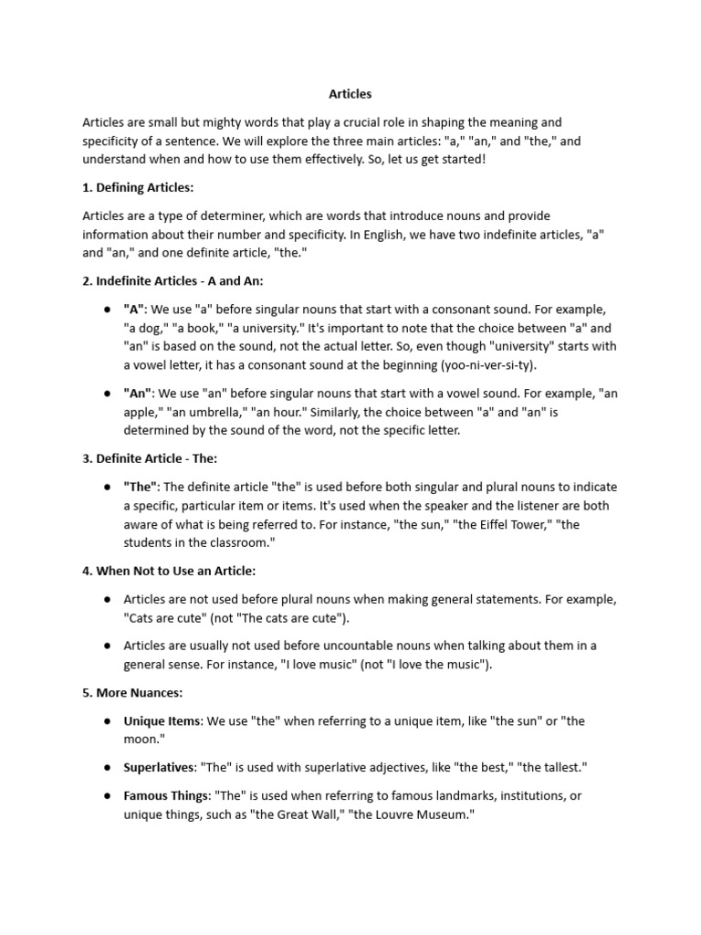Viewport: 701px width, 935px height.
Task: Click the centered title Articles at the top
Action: [x=350, y=93]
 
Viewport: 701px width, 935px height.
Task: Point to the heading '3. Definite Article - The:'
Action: [x=150, y=458]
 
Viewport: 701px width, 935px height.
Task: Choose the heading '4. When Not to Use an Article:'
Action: [x=169, y=571]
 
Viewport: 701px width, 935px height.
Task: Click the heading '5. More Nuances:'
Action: [x=132, y=692]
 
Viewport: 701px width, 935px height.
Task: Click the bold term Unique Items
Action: [x=162, y=720]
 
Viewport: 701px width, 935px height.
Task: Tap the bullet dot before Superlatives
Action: [x=107, y=767]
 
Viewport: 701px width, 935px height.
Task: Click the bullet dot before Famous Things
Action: [x=107, y=795]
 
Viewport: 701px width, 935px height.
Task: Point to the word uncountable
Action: [x=356, y=646]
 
